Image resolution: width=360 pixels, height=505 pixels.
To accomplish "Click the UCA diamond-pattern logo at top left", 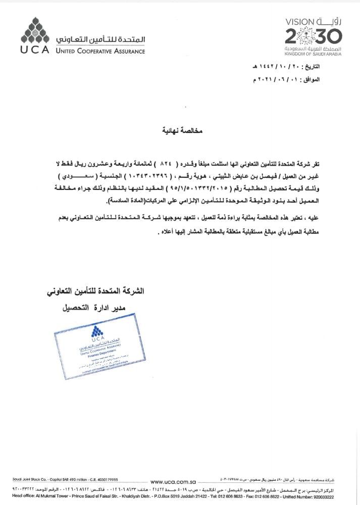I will point(34,31).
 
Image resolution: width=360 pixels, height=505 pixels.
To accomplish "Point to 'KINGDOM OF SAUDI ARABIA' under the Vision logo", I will point(306,54).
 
